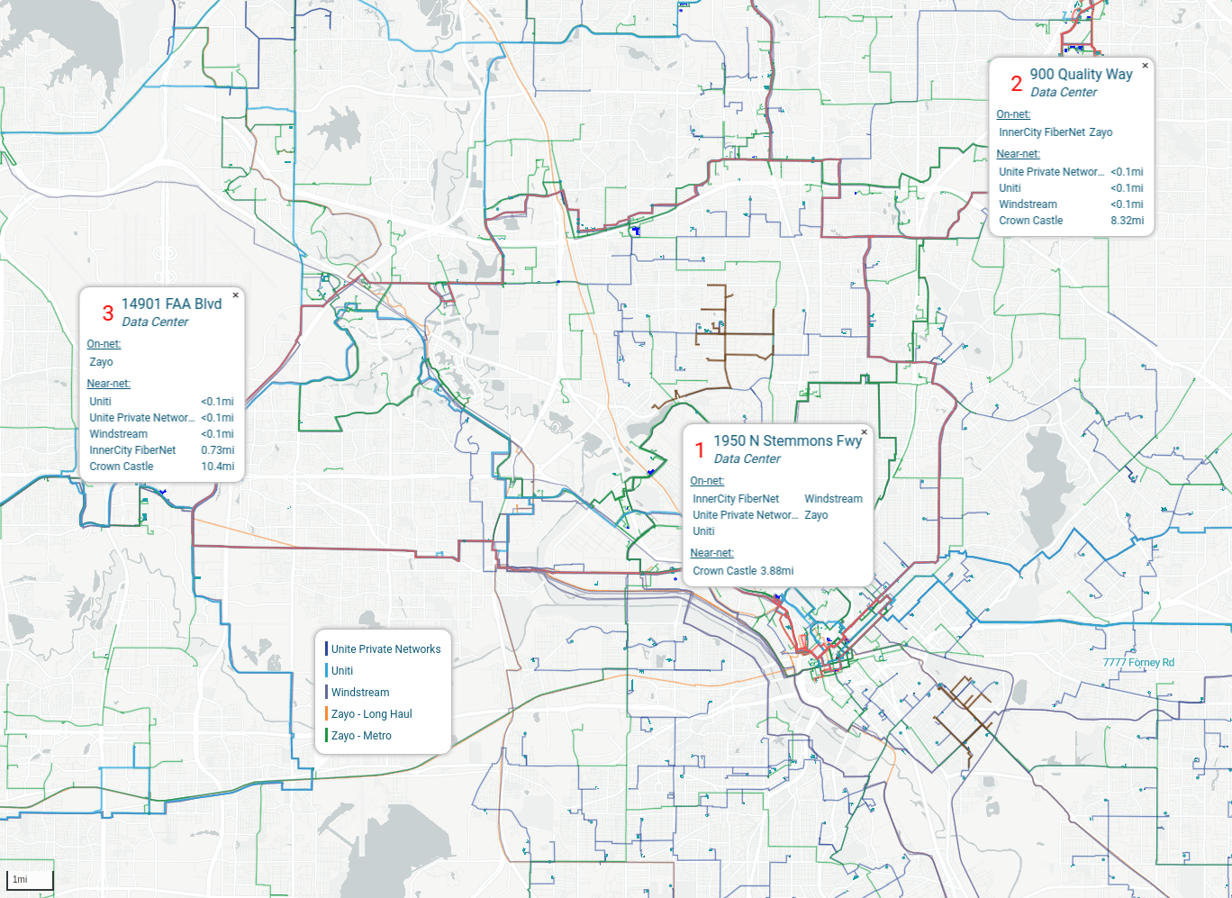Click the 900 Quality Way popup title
pyautogui.click(x=1081, y=75)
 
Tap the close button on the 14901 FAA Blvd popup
pyautogui.click(x=236, y=295)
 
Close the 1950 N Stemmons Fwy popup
pyautogui.click(x=864, y=432)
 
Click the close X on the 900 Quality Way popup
pyautogui.click(x=1146, y=65)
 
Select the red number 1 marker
pyautogui.click(x=700, y=450)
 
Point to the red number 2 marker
pyautogui.click(x=1016, y=84)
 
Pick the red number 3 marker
pyautogui.click(x=108, y=313)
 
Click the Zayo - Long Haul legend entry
pyautogui.click(x=371, y=714)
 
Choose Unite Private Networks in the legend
pyautogui.click(x=385, y=649)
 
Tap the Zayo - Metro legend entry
pyautogui.click(x=361, y=736)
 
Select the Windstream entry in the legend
pyautogui.click(x=360, y=693)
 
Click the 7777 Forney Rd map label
pyautogui.click(x=1138, y=663)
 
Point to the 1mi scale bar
pyautogui.click(x=31, y=880)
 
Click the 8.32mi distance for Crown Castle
pyautogui.click(x=1127, y=221)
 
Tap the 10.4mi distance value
pyautogui.click(x=217, y=467)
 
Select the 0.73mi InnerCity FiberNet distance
pyautogui.click(x=217, y=450)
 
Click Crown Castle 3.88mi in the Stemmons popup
pyautogui.click(x=743, y=571)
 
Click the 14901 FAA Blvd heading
pyautogui.click(x=171, y=304)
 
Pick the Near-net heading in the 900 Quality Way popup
pyautogui.click(x=1018, y=154)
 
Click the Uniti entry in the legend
pyautogui.click(x=342, y=671)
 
